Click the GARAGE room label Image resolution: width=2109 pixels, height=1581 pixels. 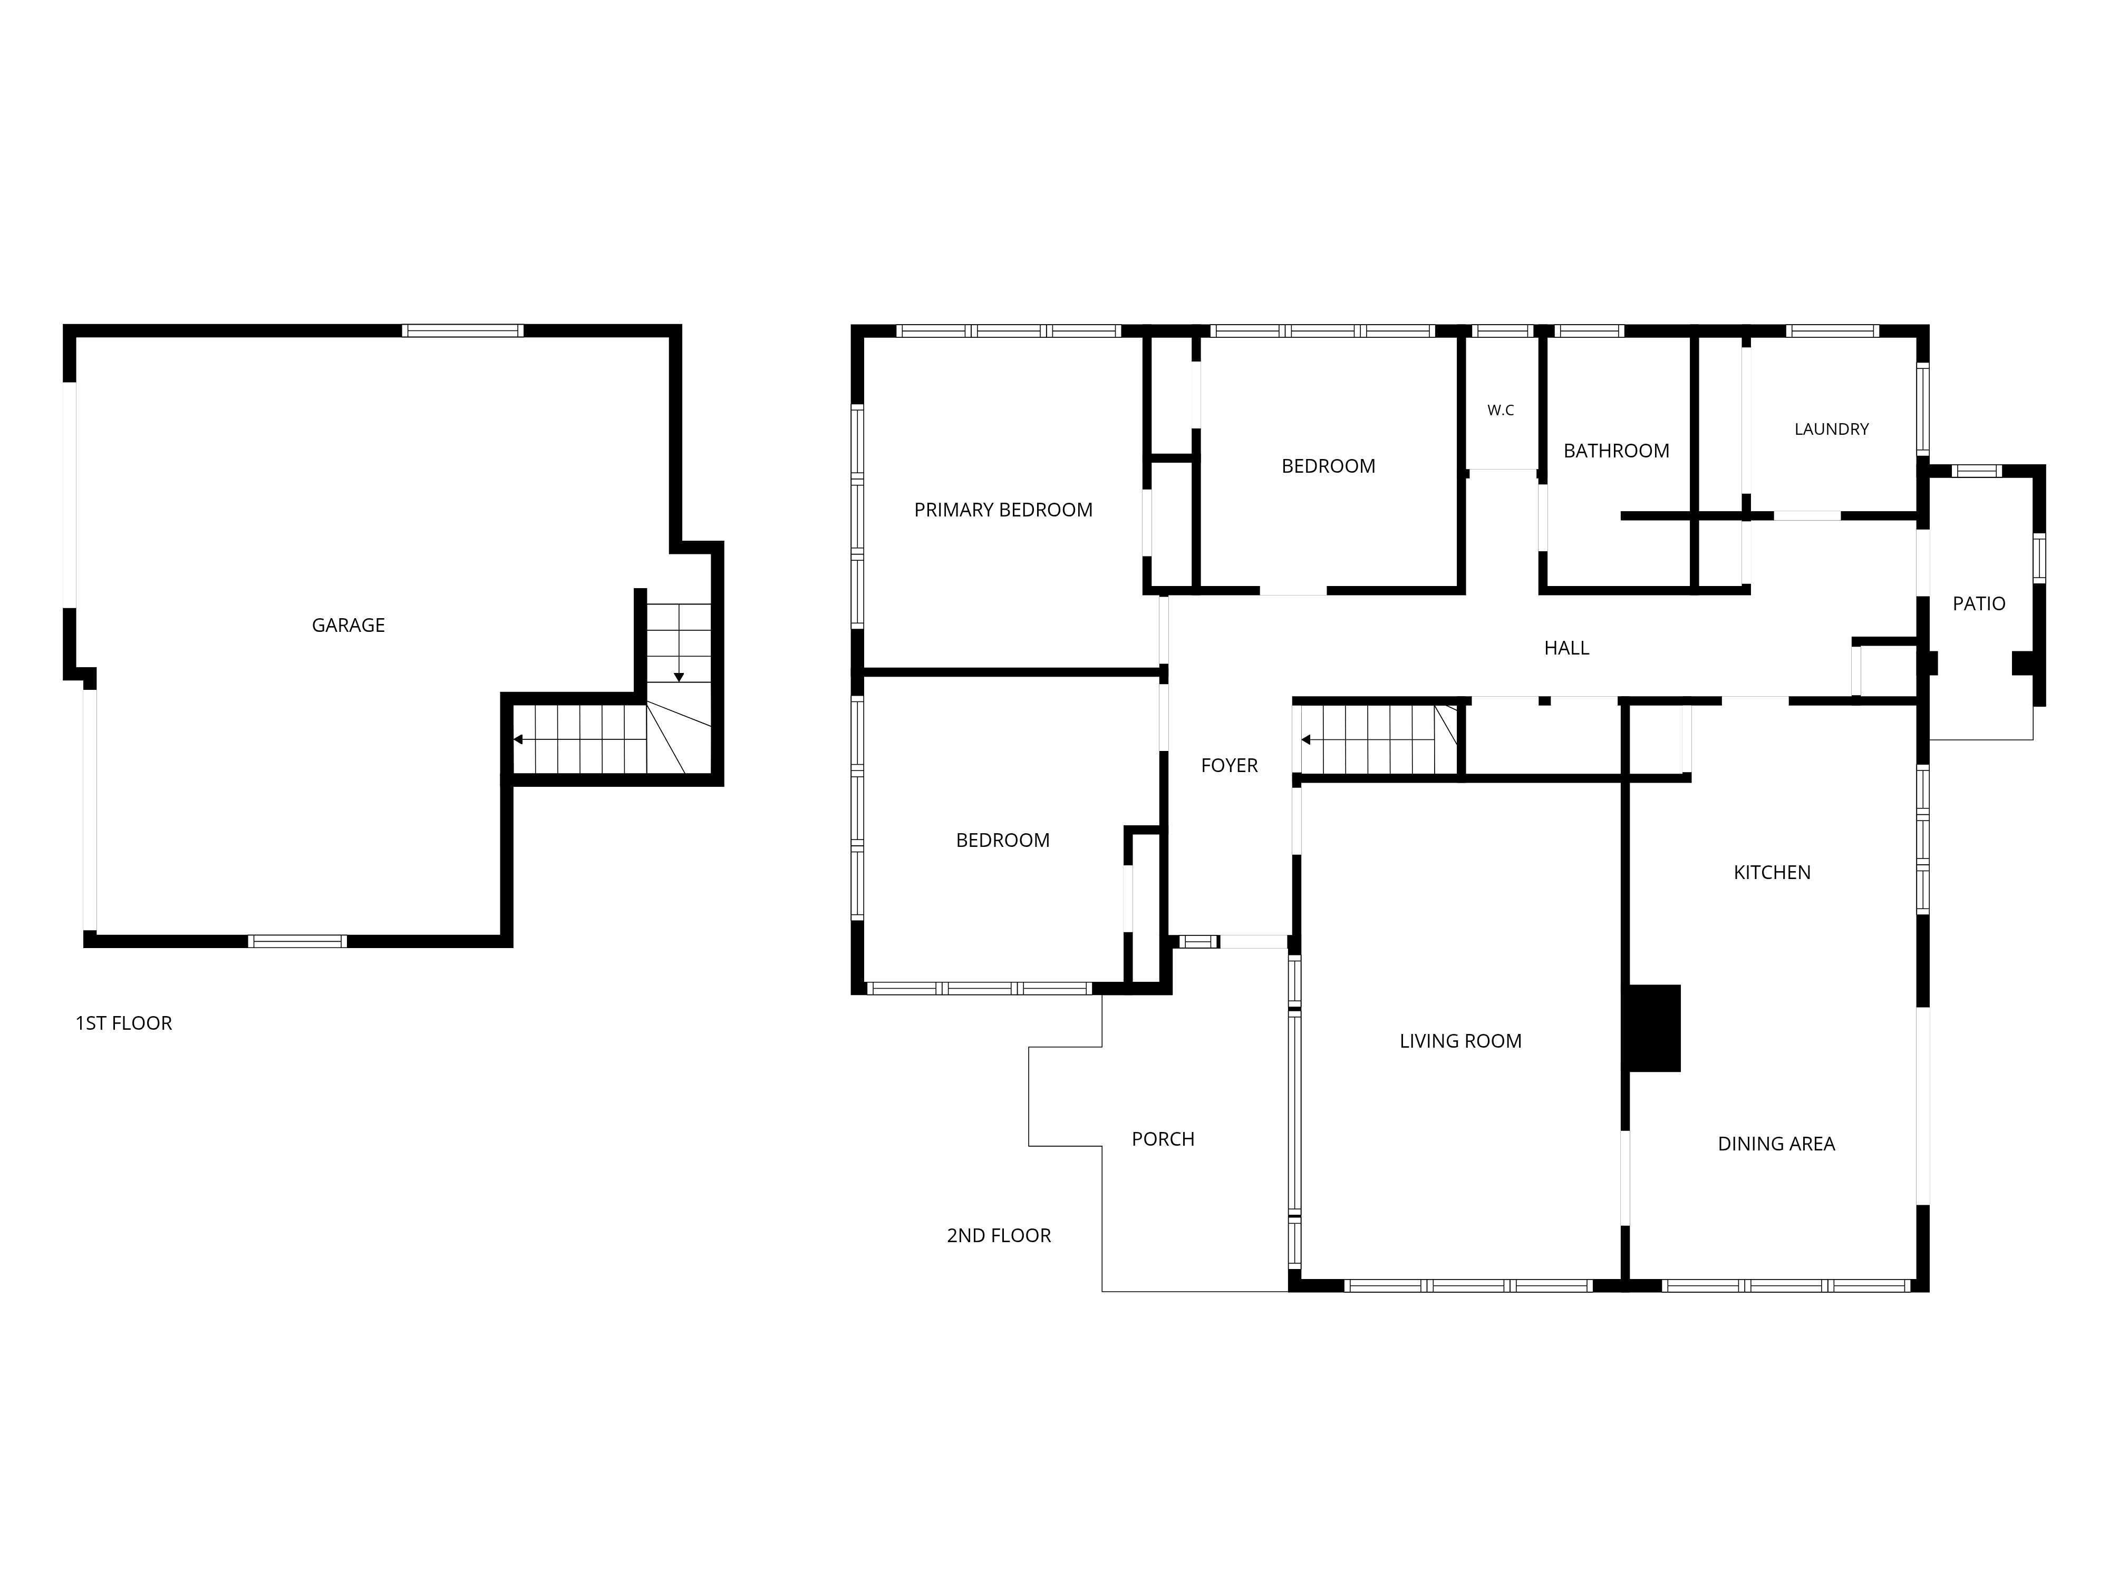pos(348,625)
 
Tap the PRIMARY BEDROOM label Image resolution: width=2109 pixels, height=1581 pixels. pos(1003,510)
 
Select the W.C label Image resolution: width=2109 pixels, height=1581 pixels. pos(1501,410)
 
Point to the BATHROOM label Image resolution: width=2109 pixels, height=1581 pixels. pos(1616,451)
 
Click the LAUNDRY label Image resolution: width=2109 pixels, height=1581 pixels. pos(1832,429)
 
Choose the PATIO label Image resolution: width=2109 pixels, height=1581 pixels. pos(1978,603)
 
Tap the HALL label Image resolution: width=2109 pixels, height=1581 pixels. pos(1566,648)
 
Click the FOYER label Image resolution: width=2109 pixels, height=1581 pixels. pos(1229,765)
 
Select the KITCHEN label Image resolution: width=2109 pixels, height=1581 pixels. pos(1772,872)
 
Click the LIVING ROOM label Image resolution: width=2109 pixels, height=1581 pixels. pos(1460,1041)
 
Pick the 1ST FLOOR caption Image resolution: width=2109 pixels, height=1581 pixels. pos(124,1022)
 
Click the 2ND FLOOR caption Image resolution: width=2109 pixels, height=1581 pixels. pos(998,1235)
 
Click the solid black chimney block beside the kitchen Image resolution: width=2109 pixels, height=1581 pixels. pos(1654,1028)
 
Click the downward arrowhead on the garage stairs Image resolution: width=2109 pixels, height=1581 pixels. pos(679,678)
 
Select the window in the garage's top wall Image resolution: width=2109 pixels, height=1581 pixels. pos(462,330)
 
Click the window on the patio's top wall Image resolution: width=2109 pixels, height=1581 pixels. pos(1977,471)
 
